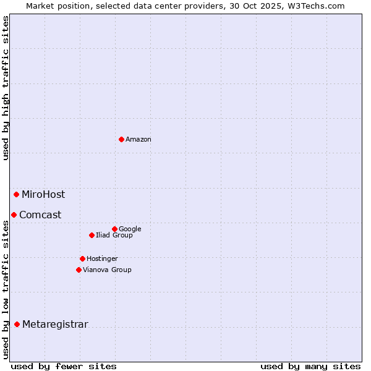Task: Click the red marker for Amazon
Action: (x=121, y=139)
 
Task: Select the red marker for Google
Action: (x=114, y=229)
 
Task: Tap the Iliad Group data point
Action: (x=92, y=235)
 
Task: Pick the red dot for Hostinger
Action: (x=82, y=258)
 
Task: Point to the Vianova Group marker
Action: (x=79, y=270)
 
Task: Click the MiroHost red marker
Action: (x=16, y=194)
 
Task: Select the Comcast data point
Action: (x=14, y=215)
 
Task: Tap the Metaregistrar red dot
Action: (x=17, y=324)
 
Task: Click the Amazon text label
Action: (x=139, y=140)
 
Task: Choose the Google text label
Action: (x=130, y=229)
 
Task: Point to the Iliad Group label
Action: (x=114, y=236)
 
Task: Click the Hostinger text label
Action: (x=102, y=259)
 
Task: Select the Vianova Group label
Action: (x=107, y=270)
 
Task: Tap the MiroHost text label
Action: (x=43, y=195)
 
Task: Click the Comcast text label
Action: (x=40, y=215)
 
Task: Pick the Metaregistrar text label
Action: (x=55, y=325)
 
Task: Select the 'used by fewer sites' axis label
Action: (x=64, y=366)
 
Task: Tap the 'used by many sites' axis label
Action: (x=310, y=366)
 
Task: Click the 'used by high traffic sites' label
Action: (x=6, y=88)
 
